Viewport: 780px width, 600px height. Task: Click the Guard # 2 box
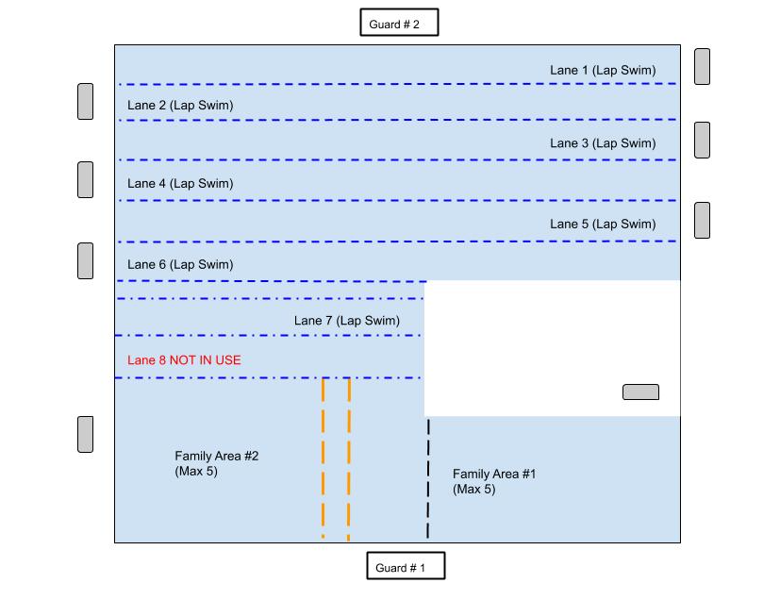pyautogui.click(x=399, y=23)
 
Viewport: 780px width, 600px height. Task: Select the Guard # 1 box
pyautogui.click(x=405, y=567)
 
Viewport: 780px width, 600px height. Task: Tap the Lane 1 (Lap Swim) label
pyautogui.click(x=603, y=71)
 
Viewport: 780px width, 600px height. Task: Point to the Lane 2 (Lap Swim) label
pyautogui.click(x=180, y=106)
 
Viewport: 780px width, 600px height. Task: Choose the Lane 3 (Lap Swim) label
pyautogui.click(x=603, y=143)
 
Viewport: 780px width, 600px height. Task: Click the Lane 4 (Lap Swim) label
pyautogui.click(x=180, y=184)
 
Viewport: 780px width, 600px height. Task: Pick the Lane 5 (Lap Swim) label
pyautogui.click(x=603, y=225)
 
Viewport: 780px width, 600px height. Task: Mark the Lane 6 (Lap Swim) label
pyautogui.click(x=180, y=265)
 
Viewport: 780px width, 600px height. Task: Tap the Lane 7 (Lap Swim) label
pyautogui.click(x=347, y=321)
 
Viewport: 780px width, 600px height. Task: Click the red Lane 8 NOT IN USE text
pyautogui.click(x=184, y=360)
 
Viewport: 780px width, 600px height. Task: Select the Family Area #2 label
pyautogui.click(x=217, y=463)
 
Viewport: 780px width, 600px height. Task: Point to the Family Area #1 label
pyautogui.click(x=494, y=481)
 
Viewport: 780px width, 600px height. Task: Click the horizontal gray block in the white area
pyautogui.click(x=640, y=392)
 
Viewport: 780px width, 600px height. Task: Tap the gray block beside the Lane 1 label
pyautogui.click(x=702, y=67)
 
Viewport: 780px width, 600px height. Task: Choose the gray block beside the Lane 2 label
pyautogui.click(x=85, y=102)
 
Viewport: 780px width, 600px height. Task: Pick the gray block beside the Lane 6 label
pyautogui.click(x=85, y=260)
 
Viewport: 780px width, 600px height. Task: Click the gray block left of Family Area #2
pyautogui.click(x=85, y=434)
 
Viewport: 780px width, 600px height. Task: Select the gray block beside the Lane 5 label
pyautogui.click(x=702, y=220)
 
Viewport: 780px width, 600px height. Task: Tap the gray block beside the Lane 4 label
pyautogui.click(x=85, y=179)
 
